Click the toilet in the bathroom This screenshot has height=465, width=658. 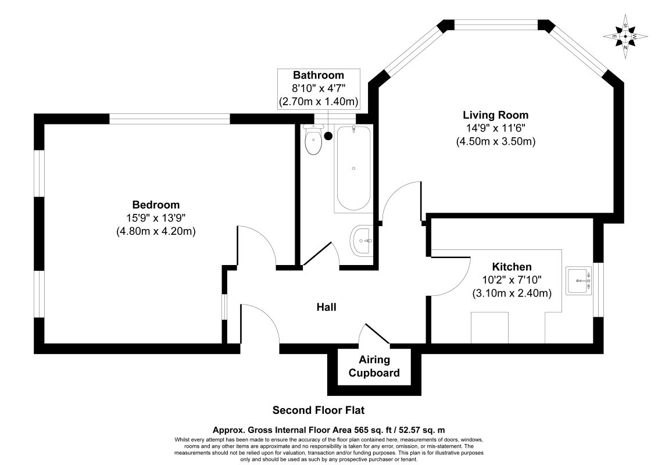pos(314,141)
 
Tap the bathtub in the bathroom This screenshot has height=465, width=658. pos(353,169)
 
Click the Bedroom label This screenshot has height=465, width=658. pos(156,205)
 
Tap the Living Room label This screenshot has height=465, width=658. pos(495,115)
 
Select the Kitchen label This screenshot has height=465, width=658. pos(512,267)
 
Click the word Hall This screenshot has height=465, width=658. pos(326,307)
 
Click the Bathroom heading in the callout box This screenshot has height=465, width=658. pos(318,75)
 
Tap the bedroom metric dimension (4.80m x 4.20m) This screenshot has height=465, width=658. pos(156,231)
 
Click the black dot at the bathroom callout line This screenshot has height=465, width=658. pos(328,136)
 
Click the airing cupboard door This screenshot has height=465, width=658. pos(377,334)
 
